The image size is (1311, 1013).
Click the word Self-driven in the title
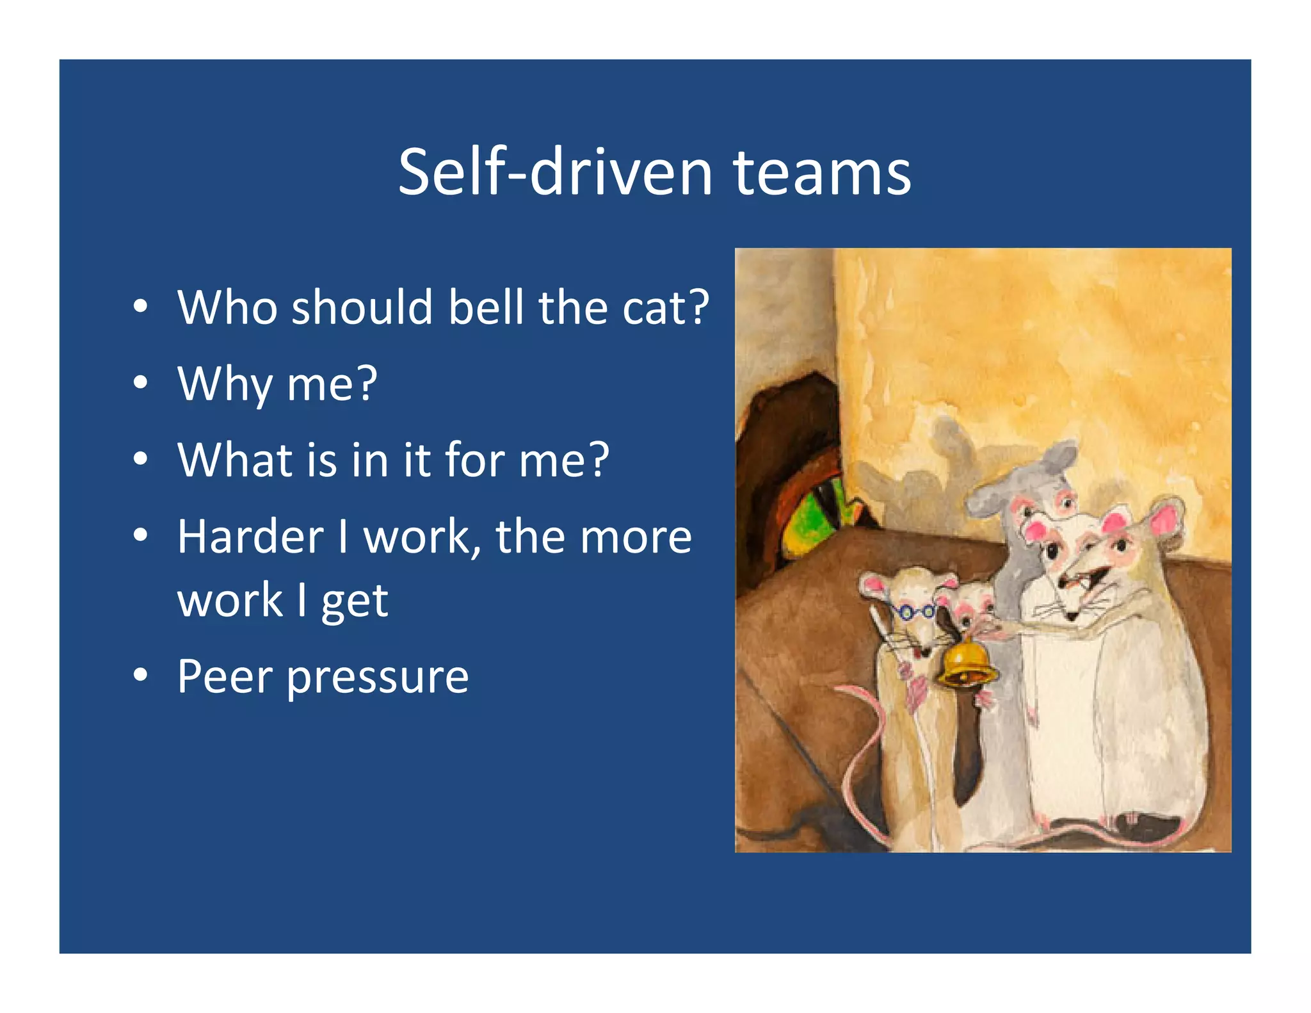click(555, 173)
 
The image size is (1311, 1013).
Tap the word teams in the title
click(821, 173)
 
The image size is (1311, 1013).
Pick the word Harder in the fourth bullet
click(250, 537)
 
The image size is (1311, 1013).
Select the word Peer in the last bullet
click(224, 676)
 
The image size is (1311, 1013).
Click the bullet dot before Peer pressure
click(141, 675)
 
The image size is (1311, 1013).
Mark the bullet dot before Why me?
click(141, 382)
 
